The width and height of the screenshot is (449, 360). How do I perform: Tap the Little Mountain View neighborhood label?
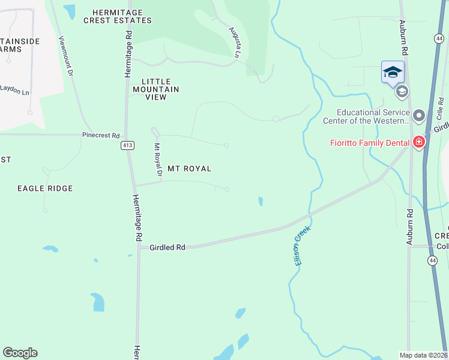(x=160, y=89)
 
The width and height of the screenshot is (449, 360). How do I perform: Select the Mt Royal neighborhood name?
(x=189, y=169)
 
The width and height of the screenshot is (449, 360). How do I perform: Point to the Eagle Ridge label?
(x=45, y=188)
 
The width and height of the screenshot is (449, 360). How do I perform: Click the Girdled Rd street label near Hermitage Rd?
(x=167, y=247)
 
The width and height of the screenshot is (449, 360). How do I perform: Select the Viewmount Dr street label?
(x=65, y=56)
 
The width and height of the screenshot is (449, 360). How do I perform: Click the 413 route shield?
(x=127, y=145)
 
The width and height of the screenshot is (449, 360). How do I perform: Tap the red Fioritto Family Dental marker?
(x=419, y=142)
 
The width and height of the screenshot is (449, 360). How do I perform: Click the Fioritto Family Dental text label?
(x=369, y=143)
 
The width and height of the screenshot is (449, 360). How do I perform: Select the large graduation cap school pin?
(x=393, y=73)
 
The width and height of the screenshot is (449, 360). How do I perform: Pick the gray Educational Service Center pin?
(x=419, y=114)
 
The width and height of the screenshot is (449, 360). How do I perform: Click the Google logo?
(x=20, y=353)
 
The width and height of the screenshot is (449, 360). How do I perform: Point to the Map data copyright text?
(x=423, y=355)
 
